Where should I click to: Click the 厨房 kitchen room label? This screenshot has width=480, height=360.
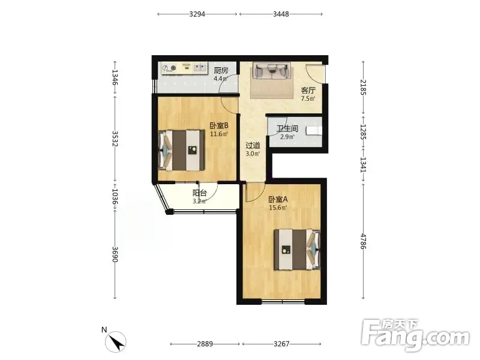click(x=221, y=71)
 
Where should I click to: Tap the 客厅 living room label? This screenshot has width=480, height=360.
click(x=308, y=91)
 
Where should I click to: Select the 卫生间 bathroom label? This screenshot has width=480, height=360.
click(x=287, y=129)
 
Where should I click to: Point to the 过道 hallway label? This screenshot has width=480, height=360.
click(x=253, y=146)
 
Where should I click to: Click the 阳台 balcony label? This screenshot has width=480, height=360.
click(x=200, y=193)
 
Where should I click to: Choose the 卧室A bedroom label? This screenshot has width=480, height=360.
click(x=278, y=200)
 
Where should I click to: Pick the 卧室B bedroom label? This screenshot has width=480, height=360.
click(x=219, y=125)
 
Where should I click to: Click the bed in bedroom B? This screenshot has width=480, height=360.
click(x=182, y=151)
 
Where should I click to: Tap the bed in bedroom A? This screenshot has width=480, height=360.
click(x=297, y=250)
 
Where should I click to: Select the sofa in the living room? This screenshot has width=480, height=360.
click(x=271, y=71)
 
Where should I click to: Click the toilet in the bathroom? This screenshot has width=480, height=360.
click(x=314, y=131)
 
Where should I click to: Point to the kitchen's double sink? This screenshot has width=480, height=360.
click(x=200, y=68)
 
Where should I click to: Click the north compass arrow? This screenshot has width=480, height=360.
click(x=116, y=342)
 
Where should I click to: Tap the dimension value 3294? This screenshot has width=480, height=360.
click(x=197, y=14)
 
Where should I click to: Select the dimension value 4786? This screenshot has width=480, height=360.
click(x=363, y=242)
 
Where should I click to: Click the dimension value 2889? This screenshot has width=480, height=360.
click(x=205, y=344)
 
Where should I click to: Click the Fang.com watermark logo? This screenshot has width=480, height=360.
click(x=415, y=335)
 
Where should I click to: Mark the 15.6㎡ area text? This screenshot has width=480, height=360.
click(x=278, y=208)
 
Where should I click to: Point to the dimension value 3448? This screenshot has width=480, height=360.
click(x=281, y=14)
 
